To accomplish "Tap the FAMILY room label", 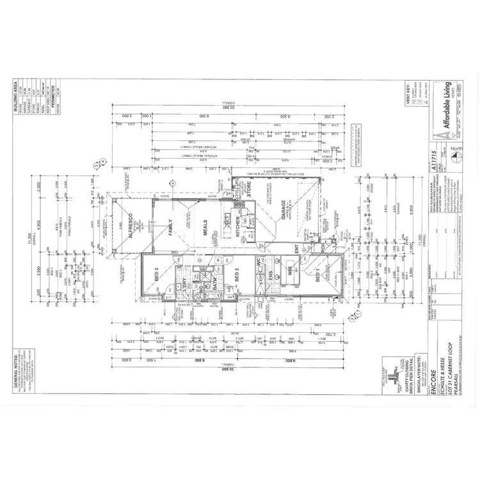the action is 171,226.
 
